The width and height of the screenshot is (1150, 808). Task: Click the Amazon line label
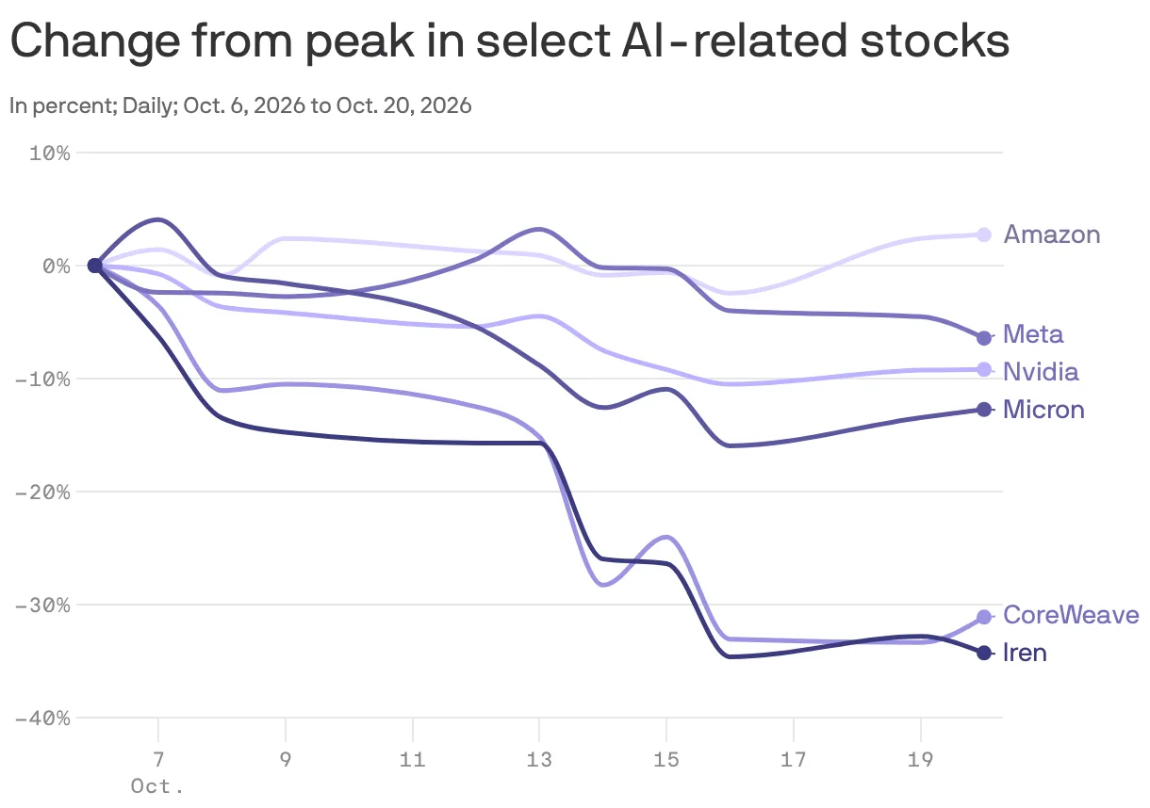[x=1051, y=234]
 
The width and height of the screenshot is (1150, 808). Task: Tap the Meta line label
[x=1033, y=334]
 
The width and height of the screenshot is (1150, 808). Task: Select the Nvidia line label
[x=1041, y=371]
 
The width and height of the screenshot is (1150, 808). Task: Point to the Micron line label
[x=1043, y=410]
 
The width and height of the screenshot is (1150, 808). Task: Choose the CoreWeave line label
[x=1071, y=615]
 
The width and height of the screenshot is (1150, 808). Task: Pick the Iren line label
[x=1025, y=653]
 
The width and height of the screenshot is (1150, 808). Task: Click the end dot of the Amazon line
[x=984, y=235]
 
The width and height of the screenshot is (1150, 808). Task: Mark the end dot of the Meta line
[x=984, y=338]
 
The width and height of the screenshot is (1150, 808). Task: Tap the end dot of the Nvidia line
[x=984, y=369]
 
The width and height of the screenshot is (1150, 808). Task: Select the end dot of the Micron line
[x=984, y=410]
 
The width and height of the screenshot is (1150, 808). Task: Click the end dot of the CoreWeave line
[x=984, y=617]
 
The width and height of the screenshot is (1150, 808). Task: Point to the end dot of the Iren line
[x=984, y=653]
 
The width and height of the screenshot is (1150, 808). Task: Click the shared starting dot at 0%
[x=95, y=266]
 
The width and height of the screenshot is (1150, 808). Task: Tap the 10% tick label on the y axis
[x=50, y=153]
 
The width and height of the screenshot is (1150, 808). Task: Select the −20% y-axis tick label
[x=42, y=493]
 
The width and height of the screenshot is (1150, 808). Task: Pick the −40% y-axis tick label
[x=42, y=719]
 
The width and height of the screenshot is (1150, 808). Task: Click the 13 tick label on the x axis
[x=539, y=759]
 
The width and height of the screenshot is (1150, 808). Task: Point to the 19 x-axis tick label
[x=921, y=759]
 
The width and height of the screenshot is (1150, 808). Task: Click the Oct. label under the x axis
[x=157, y=786]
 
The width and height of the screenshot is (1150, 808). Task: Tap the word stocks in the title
[x=935, y=40]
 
